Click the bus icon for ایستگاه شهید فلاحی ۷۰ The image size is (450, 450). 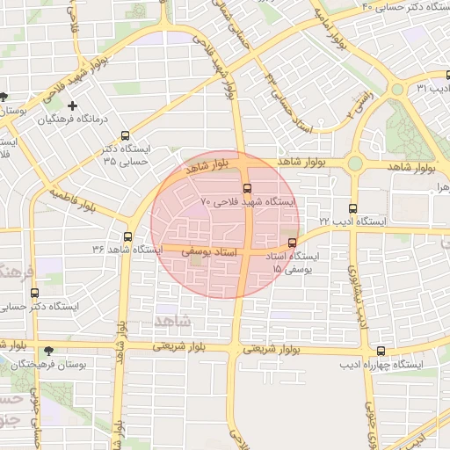point(246,187)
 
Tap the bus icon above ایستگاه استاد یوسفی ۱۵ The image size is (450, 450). point(292,243)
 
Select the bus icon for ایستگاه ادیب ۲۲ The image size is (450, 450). point(352,209)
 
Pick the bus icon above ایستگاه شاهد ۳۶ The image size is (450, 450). point(128,236)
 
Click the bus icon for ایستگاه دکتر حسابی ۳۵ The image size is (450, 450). point(125,136)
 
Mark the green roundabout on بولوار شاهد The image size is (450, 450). point(355,163)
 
